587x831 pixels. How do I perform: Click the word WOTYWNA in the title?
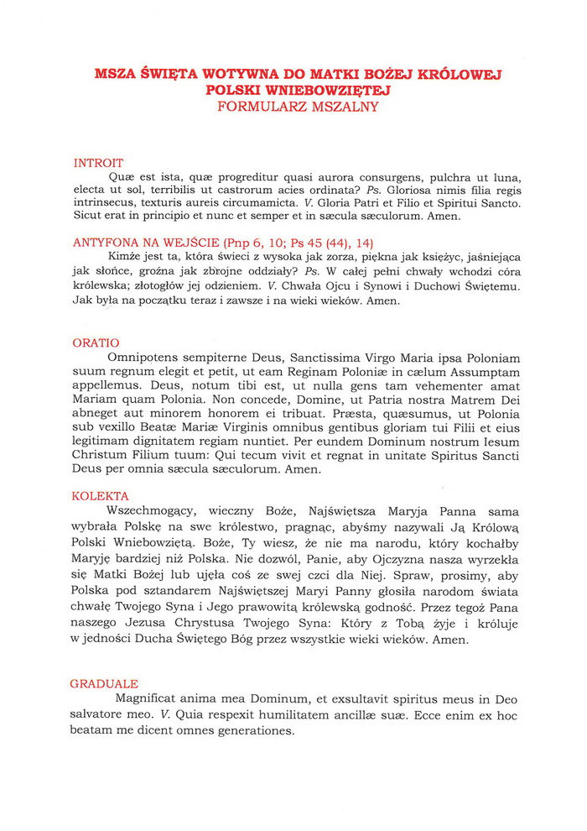tap(236, 75)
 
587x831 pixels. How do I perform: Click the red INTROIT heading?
tap(98, 163)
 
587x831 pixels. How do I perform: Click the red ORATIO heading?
tap(96, 342)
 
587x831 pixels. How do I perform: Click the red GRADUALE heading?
tap(105, 684)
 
